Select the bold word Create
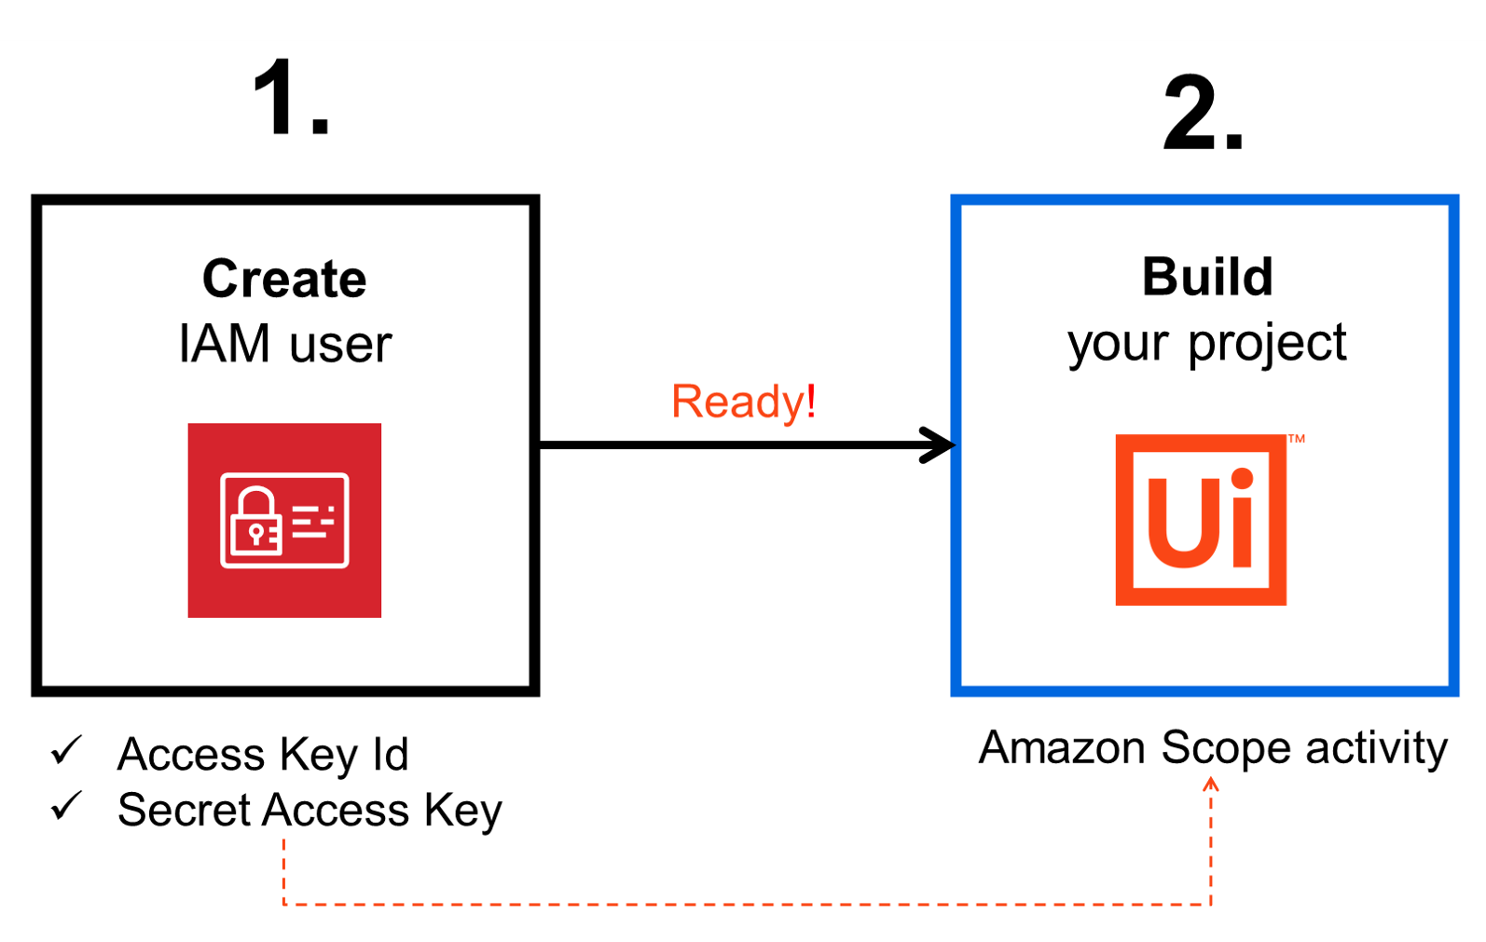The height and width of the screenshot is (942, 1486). (284, 279)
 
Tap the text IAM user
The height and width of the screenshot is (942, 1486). (284, 344)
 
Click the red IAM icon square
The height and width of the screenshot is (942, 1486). (284, 520)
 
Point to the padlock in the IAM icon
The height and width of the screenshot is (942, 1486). (255, 522)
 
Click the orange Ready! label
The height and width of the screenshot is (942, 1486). (743, 402)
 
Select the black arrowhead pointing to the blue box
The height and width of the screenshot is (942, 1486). (936, 444)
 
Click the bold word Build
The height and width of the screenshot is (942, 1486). (1207, 277)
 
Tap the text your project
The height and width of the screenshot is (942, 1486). (1206, 344)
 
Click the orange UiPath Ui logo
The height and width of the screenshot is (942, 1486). (1201, 520)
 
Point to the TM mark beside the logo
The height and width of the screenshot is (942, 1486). (1296, 439)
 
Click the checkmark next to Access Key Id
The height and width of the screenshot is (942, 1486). (67, 750)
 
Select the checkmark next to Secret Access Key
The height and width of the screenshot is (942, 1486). (67, 806)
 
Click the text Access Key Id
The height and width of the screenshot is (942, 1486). (263, 754)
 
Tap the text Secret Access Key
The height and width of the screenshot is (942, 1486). (310, 810)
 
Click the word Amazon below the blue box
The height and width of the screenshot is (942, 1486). (1062, 748)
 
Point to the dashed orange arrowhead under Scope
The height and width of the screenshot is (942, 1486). (1211, 785)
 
